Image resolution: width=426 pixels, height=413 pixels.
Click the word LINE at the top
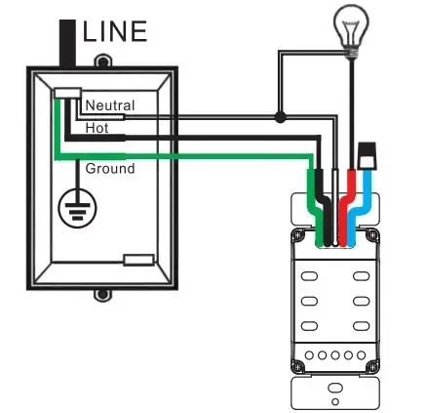click(x=115, y=31)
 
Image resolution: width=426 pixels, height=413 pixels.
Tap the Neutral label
click(x=110, y=105)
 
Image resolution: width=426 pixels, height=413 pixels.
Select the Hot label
click(x=97, y=128)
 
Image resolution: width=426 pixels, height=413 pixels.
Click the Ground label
click(x=110, y=169)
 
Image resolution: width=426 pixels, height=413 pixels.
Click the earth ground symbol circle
click(x=77, y=208)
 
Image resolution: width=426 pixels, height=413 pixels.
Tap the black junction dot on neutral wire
click(x=280, y=117)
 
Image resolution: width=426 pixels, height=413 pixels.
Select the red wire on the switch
click(x=347, y=208)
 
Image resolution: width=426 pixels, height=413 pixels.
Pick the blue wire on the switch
click(x=360, y=208)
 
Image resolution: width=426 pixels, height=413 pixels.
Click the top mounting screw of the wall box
click(x=102, y=62)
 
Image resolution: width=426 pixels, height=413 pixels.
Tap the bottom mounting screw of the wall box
click(x=102, y=295)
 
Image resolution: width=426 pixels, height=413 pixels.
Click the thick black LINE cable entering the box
click(x=67, y=44)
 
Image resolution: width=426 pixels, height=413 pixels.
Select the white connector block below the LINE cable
click(x=67, y=94)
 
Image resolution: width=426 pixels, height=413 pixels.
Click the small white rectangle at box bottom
click(x=138, y=260)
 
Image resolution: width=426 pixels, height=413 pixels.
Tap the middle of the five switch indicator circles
click(x=335, y=355)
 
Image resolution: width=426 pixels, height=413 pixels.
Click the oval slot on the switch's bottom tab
click(x=335, y=388)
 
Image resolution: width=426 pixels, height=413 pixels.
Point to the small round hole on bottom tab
click(x=335, y=402)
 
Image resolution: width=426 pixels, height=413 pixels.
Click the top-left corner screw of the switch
click(x=298, y=235)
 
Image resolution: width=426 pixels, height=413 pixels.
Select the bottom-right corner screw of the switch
click(x=372, y=367)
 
